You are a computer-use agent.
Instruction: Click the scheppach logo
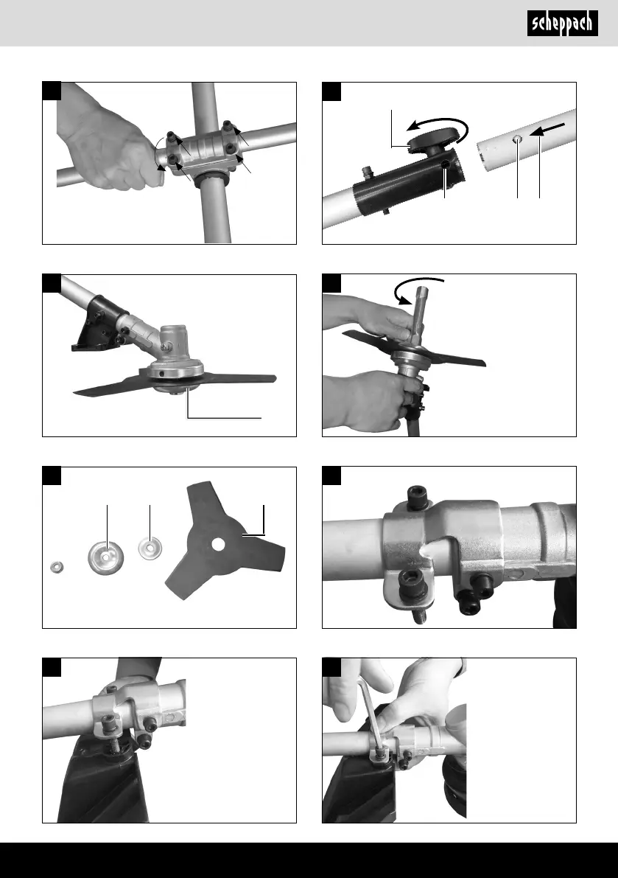562,24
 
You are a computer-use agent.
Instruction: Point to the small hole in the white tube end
518,139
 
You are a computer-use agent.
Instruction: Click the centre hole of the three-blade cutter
219,543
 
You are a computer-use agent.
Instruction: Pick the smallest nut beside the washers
56,567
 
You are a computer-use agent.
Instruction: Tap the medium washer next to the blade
150,548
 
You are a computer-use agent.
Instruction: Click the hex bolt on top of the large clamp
418,497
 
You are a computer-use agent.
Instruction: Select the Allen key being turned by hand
371,718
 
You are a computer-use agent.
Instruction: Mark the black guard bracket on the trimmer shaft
99,325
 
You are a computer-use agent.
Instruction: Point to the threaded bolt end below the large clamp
418,617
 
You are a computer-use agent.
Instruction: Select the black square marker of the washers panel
52,476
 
